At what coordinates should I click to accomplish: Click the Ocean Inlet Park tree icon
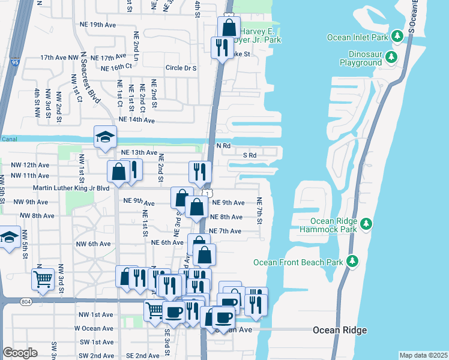point(397,37)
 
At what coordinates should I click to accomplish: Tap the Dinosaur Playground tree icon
point(391,58)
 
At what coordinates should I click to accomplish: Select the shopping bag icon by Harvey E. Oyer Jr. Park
point(229,27)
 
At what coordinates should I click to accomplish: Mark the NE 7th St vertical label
point(260,211)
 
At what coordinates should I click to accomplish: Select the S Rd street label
point(249,155)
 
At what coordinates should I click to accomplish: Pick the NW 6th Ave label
point(93,244)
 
